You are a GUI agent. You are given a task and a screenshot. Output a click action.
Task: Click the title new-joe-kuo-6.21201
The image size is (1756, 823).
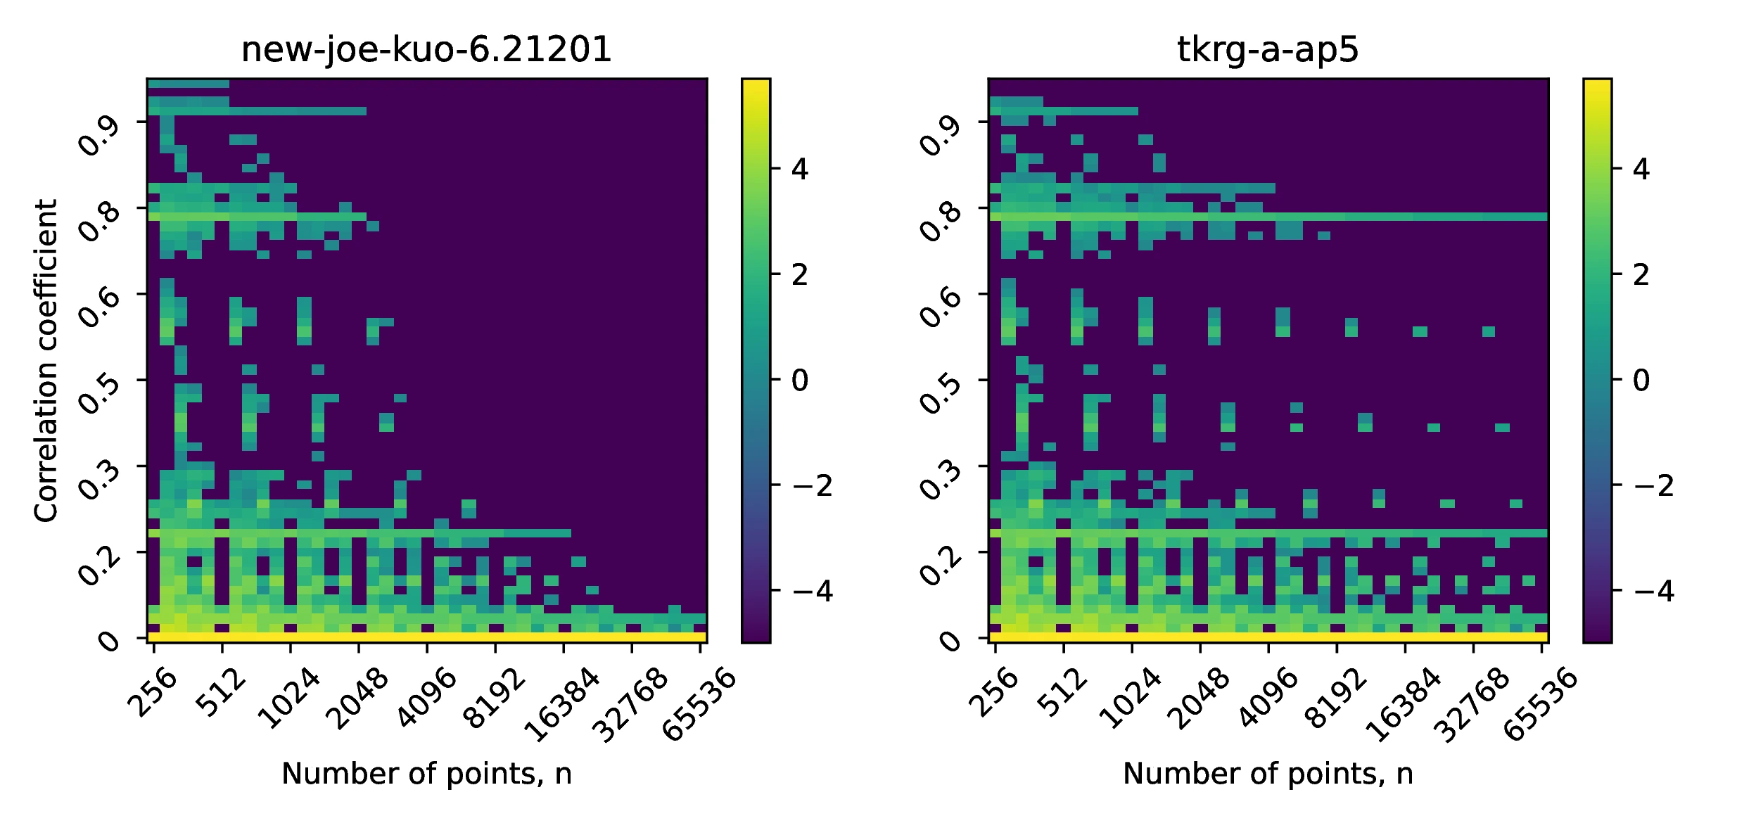(x=426, y=50)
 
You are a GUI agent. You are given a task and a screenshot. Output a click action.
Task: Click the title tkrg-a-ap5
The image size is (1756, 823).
(x=1267, y=50)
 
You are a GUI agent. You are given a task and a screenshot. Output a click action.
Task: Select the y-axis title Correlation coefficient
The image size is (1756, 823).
(x=46, y=360)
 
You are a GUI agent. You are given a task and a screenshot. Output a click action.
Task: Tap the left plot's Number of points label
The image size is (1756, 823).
(x=426, y=774)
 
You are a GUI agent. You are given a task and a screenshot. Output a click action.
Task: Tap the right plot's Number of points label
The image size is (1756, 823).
(x=1267, y=774)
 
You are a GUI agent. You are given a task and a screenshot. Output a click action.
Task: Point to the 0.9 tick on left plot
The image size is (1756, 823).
(x=98, y=135)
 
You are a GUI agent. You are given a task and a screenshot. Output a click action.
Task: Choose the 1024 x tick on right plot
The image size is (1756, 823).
(x=1130, y=698)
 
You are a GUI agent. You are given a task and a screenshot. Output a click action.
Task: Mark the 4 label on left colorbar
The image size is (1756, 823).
(x=800, y=170)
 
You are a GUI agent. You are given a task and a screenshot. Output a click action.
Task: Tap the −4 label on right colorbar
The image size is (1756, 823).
(x=1653, y=591)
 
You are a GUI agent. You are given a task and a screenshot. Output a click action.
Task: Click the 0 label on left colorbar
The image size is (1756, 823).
(x=800, y=381)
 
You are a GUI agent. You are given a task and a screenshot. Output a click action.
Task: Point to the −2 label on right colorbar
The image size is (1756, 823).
(x=1653, y=485)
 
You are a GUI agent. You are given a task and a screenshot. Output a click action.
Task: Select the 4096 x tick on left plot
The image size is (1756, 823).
(x=426, y=698)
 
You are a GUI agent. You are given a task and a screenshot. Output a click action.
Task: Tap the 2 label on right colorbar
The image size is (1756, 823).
(x=1641, y=275)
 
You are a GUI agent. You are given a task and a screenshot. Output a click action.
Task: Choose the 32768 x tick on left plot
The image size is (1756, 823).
(x=630, y=703)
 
